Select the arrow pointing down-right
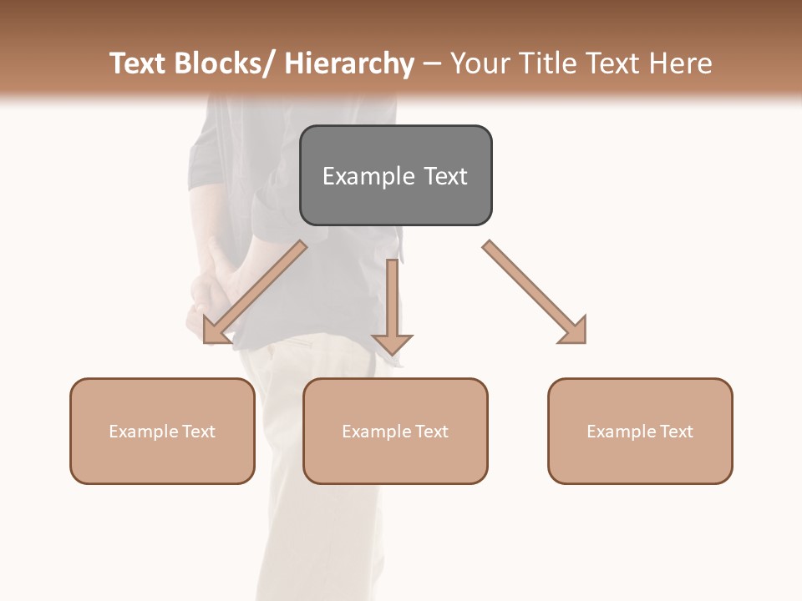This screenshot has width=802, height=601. [535, 292]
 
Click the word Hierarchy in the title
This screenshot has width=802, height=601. [348, 63]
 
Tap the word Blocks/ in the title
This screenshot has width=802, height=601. [225, 63]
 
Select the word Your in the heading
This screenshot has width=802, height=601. [479, 63]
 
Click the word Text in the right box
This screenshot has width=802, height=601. [676, 432]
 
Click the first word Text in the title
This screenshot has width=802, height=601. [139, 63]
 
